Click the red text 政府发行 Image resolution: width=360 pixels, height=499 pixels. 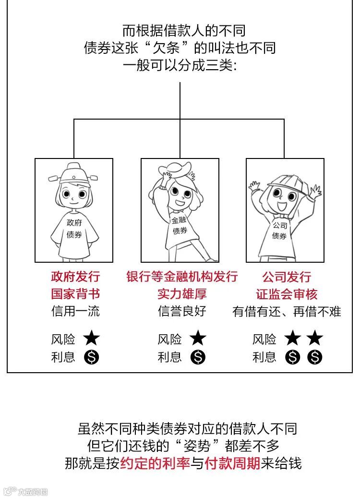pos(75,277)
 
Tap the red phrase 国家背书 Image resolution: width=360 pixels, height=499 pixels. pos(75,293)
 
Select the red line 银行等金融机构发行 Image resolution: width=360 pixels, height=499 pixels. pos(182,277)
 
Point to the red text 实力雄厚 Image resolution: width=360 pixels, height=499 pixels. pos(182,293)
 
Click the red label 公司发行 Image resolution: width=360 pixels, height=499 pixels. pos(287,277)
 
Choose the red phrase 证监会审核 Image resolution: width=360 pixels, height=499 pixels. pos(287,293)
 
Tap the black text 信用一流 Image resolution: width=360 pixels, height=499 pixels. pos(75,311)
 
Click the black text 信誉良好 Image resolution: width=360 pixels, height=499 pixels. pos(182,311)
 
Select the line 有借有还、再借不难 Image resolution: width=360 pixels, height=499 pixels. pos(287,311)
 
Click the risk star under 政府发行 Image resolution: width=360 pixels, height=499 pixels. pos(92,339)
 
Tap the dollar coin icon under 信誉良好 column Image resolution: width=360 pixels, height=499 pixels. pos(197,357)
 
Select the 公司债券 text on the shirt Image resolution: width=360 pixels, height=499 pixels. pos(279,231)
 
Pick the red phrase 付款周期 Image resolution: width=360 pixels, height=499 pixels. pos(232,463)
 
